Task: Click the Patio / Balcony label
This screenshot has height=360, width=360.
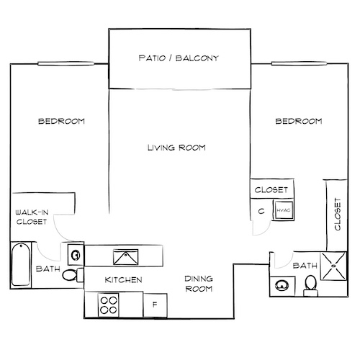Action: [x=179, y=58]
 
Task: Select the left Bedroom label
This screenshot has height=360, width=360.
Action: [x=61, y=122]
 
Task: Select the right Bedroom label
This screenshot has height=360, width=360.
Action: [x=298, y=122]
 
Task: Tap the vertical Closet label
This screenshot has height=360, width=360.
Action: [x=337, y=215]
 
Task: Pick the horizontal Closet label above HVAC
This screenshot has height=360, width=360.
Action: [x=272, y=190]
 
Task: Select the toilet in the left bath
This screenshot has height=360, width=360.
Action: [x=70, y=276]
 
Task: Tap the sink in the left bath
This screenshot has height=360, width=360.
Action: [x=74, y=253]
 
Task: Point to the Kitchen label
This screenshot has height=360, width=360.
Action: [x=123, y=279]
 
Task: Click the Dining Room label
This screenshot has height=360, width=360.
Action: [x=197, y=284]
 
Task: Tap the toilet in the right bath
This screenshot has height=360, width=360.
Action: [x=310, y=285]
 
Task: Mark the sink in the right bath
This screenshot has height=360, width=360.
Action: [x=280, y=286]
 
